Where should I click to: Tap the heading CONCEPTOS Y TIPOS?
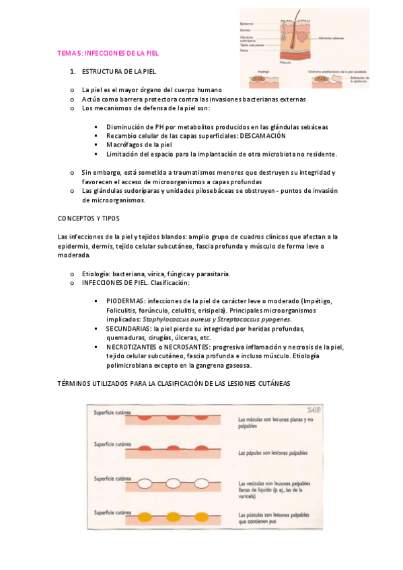point(89,219)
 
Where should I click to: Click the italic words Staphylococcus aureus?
point(179,320)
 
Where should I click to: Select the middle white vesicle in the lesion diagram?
point(173,483)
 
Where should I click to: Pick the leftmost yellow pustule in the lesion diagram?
point(144,518)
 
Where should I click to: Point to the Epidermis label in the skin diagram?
point(248,22)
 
